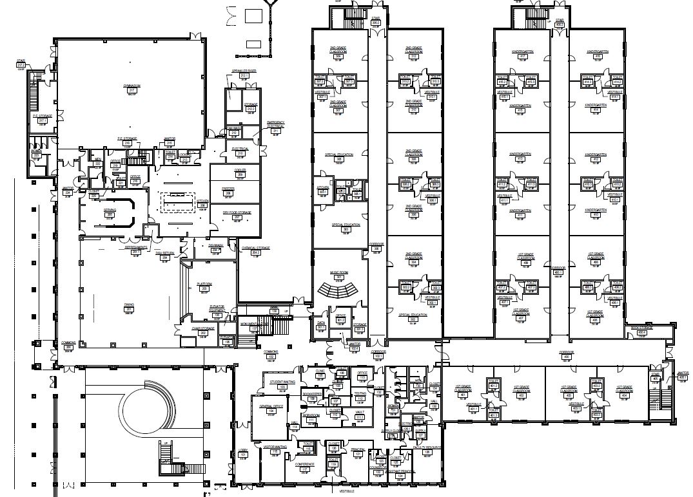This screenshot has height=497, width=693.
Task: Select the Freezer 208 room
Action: point(228,192)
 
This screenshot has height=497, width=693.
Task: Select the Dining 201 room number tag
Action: point(128,310)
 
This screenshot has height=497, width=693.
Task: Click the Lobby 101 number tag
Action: point(243,455)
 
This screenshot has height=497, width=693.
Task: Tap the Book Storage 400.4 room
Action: point(641,330)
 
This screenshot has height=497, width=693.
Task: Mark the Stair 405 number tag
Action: point(656,379)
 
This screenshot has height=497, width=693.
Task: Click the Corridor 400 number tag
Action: point(567,357)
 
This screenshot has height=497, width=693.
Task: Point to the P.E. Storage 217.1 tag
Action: point(43,120)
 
